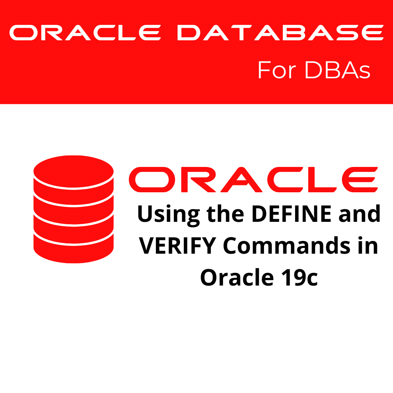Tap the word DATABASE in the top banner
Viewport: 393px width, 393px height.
coord(280,33)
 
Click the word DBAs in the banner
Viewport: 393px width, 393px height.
coord(337,70)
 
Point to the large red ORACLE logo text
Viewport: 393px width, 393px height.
coord(253,180)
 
